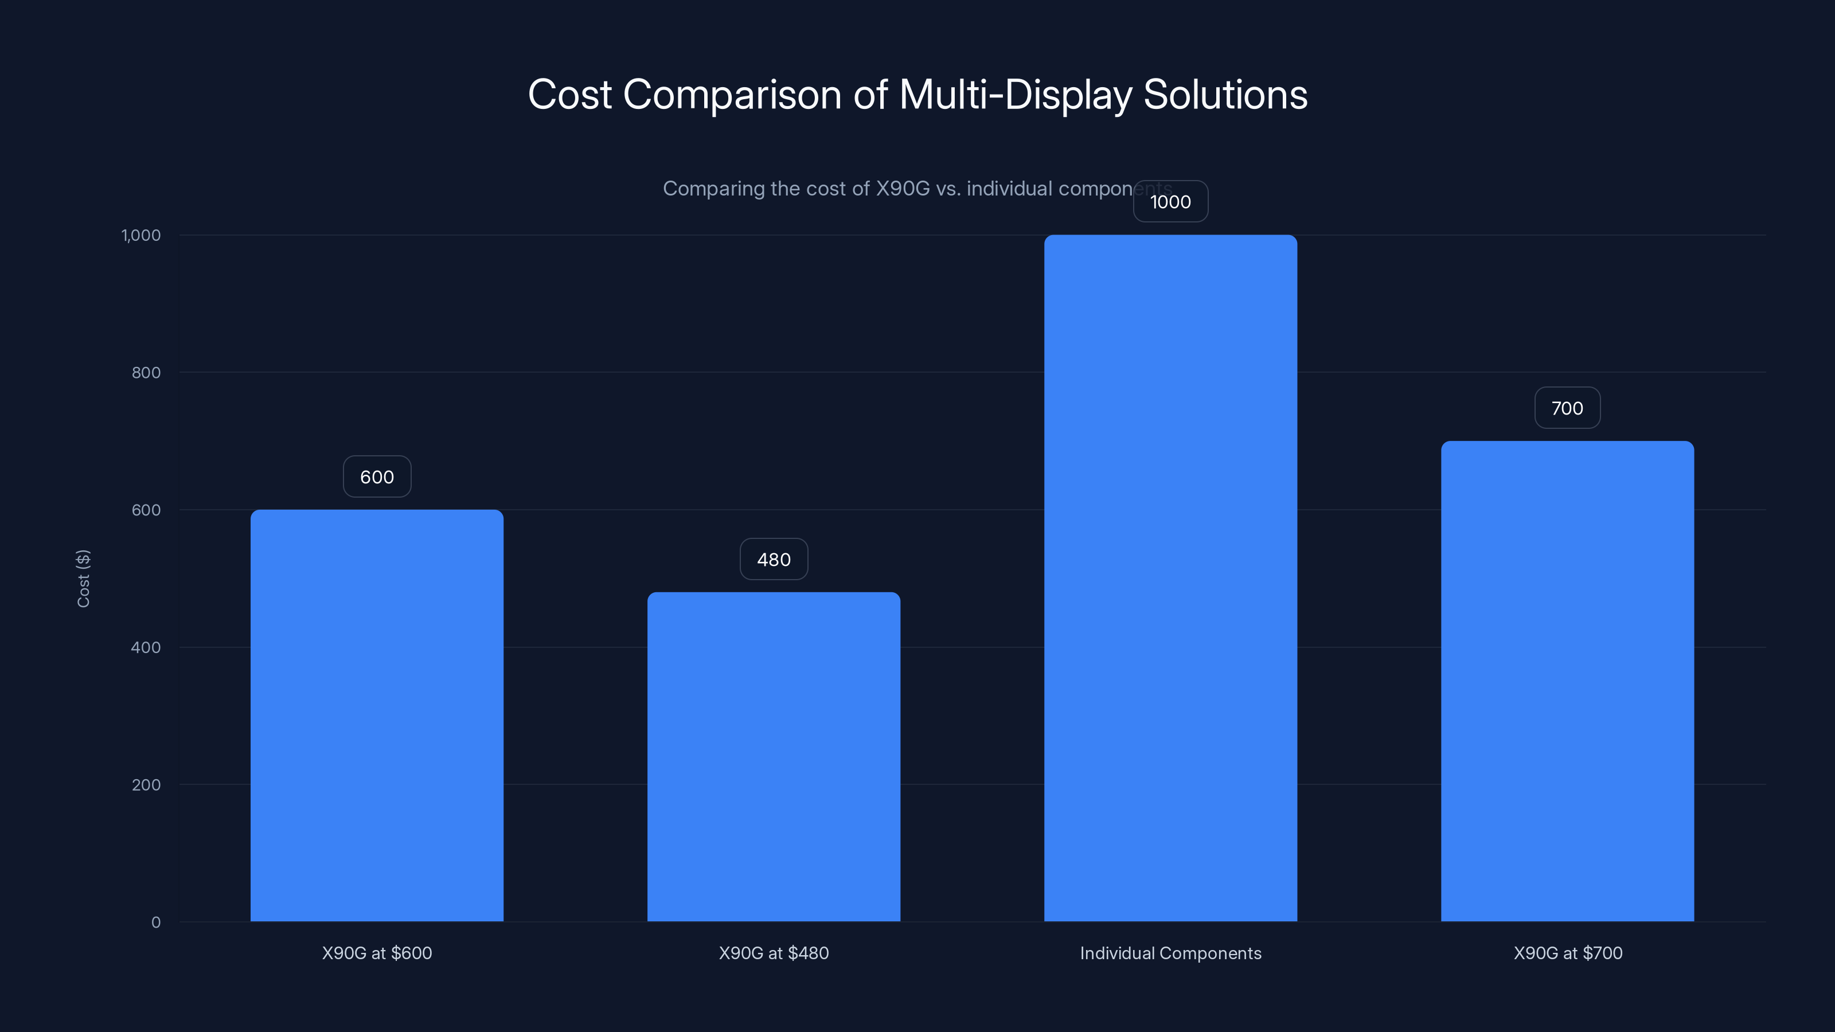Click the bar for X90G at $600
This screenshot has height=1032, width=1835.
[377, 715]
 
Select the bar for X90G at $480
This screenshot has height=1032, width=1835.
[774, 756]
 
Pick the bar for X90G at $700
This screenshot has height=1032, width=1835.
[1567, 681]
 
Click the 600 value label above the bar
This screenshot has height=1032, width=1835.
[377, 477]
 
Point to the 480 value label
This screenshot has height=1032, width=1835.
[774, 560]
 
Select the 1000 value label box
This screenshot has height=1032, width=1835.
[1170, 202]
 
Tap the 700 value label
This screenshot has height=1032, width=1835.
[1567, 408]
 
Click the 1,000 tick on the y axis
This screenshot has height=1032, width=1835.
[141, 235]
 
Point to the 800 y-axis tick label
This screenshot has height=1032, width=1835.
[146, 373]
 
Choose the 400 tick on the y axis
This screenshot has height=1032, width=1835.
[146, 647]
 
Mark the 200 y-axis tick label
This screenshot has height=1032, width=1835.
[146, 785]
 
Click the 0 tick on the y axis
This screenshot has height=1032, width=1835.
[156, 922]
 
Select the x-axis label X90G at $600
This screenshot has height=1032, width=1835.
[377, 953]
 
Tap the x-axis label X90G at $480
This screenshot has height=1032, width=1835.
[774, 953]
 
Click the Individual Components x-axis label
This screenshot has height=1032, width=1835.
[1170, 953]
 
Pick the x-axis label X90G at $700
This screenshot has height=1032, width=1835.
[1567, 953]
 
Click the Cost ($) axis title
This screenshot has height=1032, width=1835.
[83, 578]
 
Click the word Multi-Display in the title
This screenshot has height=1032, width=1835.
[1015, 95]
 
